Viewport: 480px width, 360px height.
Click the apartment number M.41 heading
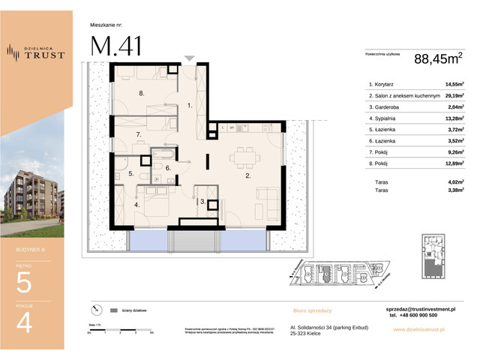pos(115,46)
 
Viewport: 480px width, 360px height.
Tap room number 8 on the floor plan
pos(140,94)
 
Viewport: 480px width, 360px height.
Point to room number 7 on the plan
pos(139,134)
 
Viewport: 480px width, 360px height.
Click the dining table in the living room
pos(243,156)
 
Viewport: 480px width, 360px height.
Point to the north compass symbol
pos(95,309)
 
